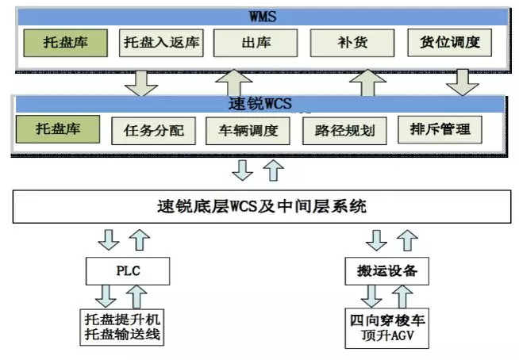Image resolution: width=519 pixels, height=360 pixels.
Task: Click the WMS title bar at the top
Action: [259, 15]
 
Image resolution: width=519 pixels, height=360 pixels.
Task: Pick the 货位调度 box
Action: [450, 42]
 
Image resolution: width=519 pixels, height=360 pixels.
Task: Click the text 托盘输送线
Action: [128, 333]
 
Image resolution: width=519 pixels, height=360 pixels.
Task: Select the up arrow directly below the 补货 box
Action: [366, 82]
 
